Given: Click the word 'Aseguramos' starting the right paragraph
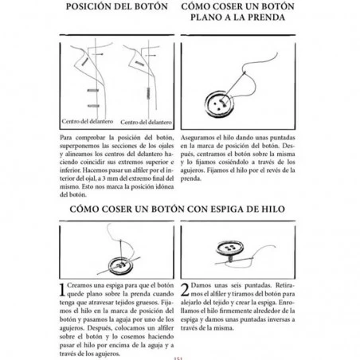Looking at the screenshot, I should pyautogui.click(x=201, y=138).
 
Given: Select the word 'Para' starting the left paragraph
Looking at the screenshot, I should pyautogui.click(x=68, y=138).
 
